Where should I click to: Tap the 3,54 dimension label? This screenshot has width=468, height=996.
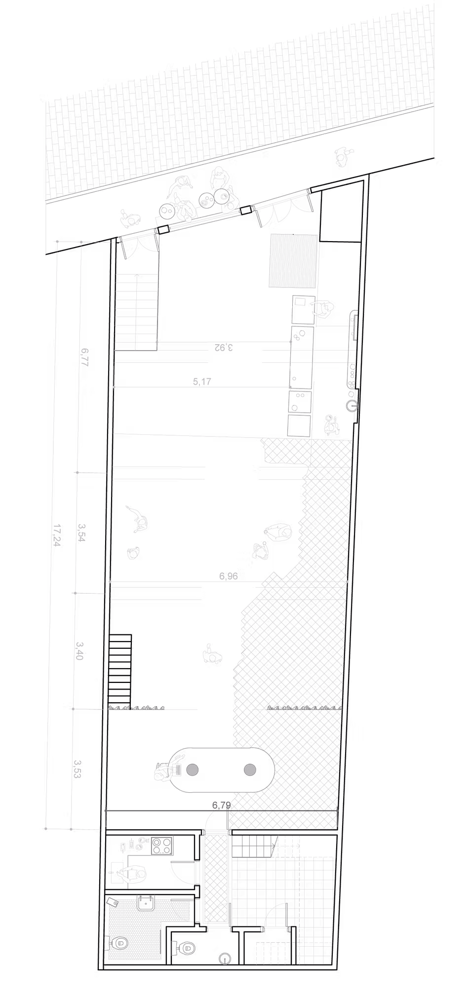coord(81,532)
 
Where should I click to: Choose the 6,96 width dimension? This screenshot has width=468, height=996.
coord(229,576)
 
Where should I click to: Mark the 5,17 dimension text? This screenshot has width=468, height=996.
coord(202,381)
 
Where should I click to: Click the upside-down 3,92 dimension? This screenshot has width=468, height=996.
coord(223,347)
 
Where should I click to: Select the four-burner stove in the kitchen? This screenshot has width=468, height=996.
coord(161,846)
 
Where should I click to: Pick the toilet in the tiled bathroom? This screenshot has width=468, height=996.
coord(118,943)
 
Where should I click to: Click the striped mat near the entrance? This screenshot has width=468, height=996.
coord(293,261)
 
